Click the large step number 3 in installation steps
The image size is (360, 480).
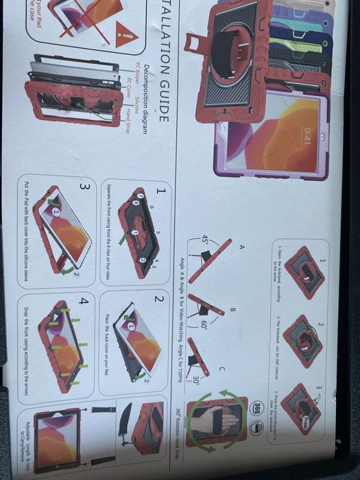(x=84, y=186)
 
